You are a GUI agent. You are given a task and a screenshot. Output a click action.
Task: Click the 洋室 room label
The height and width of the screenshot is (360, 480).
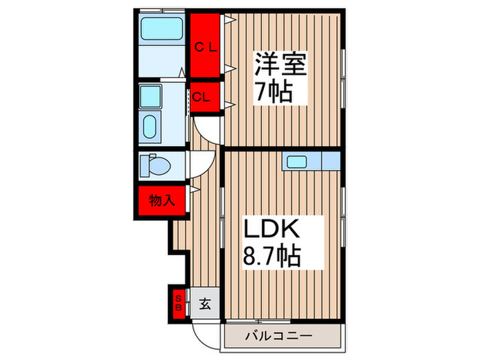coord(280,64)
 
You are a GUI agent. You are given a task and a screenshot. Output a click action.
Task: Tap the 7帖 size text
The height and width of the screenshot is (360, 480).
coord(274,92)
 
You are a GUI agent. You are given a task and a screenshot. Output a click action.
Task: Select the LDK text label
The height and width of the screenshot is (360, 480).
coord(272,228)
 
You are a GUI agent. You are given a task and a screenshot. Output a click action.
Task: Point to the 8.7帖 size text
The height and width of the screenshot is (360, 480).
coord(272,256)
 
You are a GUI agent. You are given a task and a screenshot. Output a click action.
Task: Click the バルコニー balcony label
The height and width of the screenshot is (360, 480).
coord(278,336)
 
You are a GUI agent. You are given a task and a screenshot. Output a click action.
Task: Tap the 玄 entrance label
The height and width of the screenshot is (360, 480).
coord(205,304)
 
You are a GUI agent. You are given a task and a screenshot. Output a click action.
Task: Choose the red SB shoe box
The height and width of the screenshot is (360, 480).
coord(178,303)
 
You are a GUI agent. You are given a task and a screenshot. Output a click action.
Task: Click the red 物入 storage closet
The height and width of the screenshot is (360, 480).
coord(162,201)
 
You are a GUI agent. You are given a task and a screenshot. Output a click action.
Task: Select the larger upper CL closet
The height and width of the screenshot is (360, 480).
coord(205,45)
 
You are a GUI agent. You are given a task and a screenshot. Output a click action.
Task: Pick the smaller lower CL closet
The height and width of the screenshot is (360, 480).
coord(205,97)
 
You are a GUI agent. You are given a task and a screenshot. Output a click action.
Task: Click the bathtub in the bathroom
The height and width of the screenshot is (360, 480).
coord(162,29)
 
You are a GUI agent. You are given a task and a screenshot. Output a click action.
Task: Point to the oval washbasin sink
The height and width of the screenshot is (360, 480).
coord(149,126)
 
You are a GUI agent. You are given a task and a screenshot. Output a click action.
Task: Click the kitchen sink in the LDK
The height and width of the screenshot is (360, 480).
coord(297,162)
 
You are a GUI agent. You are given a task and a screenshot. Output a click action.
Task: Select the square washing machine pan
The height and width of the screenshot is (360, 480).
coord(150,96)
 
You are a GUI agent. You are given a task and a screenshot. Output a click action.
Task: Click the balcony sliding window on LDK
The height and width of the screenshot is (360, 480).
coord(259,322)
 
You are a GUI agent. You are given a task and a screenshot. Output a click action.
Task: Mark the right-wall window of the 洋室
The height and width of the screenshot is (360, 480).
coord(343,78)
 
